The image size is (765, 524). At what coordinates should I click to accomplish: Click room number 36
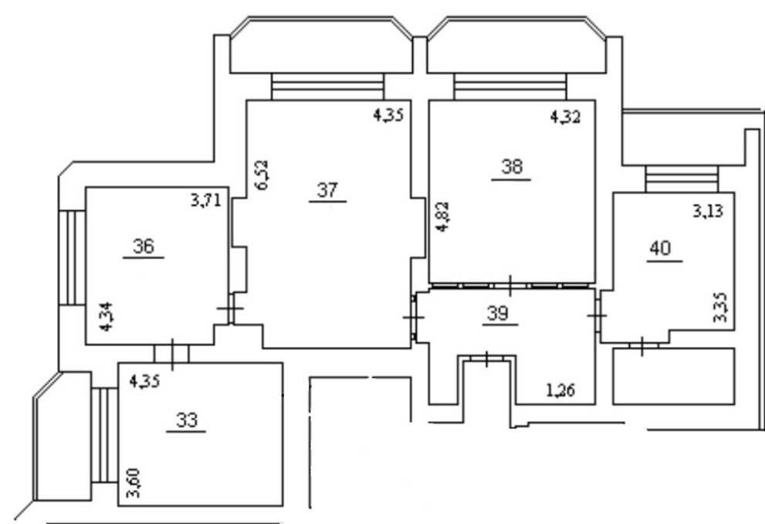(144, 246)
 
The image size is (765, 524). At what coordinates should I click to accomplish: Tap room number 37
(327, 190)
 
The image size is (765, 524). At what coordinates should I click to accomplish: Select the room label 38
(512, 167)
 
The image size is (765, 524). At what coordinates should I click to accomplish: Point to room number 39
(498, 313)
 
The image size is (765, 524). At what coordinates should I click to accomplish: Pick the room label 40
(661, 248)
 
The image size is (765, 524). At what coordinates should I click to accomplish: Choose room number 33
(187, 420)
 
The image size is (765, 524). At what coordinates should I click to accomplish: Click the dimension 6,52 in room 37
(262, 175)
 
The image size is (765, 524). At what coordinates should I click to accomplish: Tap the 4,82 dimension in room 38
(442, 216)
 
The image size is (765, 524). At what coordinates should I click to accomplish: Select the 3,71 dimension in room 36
(206, 200)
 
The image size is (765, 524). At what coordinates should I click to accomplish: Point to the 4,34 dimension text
(106, 316)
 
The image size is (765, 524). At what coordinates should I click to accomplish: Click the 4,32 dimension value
(566, 117)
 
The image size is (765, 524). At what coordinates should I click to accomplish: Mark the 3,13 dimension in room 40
(708, 211)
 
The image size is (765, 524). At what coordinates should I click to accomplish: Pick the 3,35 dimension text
(720, 307)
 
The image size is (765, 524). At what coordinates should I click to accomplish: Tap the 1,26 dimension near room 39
(560, 390)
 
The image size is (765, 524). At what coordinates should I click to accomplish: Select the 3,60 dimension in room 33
(134, 483)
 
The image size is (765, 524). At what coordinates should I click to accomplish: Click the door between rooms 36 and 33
(171, 353)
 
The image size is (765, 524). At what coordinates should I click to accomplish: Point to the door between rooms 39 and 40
(597, 315)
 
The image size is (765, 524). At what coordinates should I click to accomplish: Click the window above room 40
(682, 179)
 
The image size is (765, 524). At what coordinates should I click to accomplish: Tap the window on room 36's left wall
(73, 258)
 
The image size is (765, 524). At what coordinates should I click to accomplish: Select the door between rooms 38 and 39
(510, 286)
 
